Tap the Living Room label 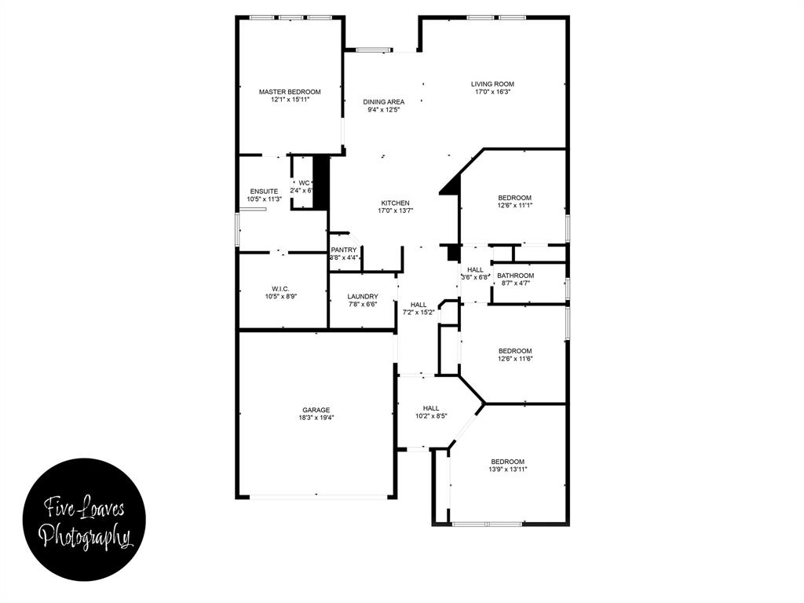click(x=492, y=84)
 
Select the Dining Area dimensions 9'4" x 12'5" click(x=384, y=110)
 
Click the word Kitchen click(x=394, y=203)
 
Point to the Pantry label click(x=343, y=250)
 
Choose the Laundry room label click(x=363, y=296)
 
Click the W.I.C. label click(x=280, y=288)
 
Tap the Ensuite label click(x=264, y=191)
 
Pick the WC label click(x=304, y=183)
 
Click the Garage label click(x=316, y=410)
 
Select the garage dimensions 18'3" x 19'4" click(x=316, y=418)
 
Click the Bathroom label click(x=515, y=276)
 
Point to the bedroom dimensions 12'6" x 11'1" click(x=515, y=206)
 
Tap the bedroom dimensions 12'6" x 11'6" click(x=515, y=359)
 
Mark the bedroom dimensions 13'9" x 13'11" click(x=508, y=470)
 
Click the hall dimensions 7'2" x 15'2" click(x=418, y=312)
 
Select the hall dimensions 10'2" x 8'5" click(x=430, y=416)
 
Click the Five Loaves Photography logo click(x=84, y=520)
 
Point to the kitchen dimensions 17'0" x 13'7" click(x=394, y=211)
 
